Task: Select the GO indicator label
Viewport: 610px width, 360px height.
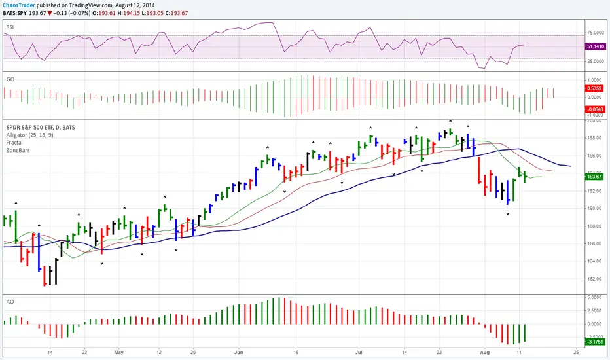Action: click(x=10, y=78)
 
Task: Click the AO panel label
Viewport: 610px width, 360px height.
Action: click(x=10, y=302)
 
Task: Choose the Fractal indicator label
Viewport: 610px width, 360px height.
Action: click(x=16, y=142)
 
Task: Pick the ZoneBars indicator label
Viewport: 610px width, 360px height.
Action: click(x=20, y=150)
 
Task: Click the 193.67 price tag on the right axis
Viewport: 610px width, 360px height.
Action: click(x=595, y=177)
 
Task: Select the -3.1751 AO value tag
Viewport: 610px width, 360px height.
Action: click(x=595, y=341)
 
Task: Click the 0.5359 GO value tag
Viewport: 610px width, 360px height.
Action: click(x=595, y=86)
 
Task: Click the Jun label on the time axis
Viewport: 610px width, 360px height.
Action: click(x=238, y=350)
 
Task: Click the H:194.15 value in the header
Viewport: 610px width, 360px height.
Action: click(x=137, y=13)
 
